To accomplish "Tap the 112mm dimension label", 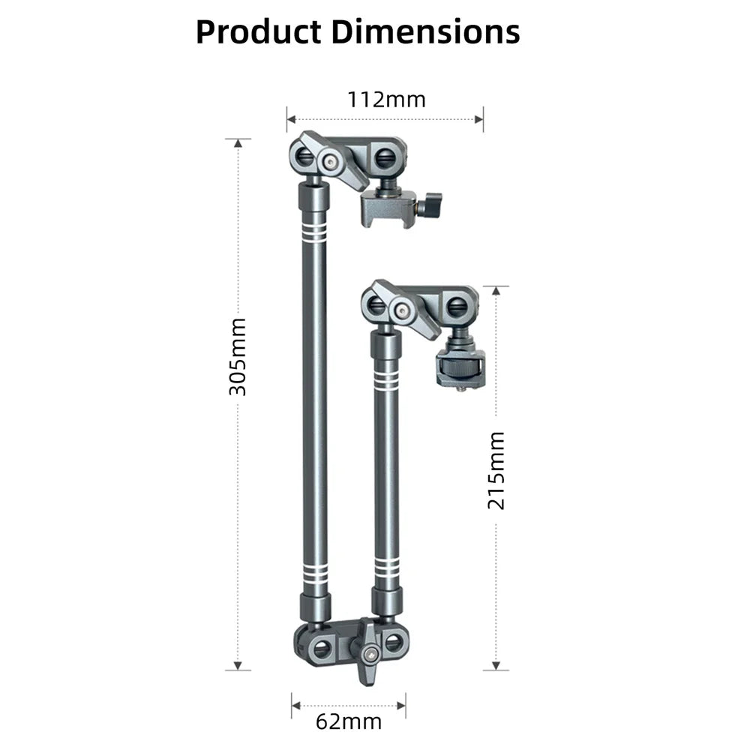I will coord(385,99).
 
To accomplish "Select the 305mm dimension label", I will coord(238,356).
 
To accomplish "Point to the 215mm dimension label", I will coord(496,470).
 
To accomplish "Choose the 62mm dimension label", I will coord(348,722).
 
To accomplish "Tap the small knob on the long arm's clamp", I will coord(433,202).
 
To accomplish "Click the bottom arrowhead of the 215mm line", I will coord(496,665).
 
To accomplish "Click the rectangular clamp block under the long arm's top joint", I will coord(388,208).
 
